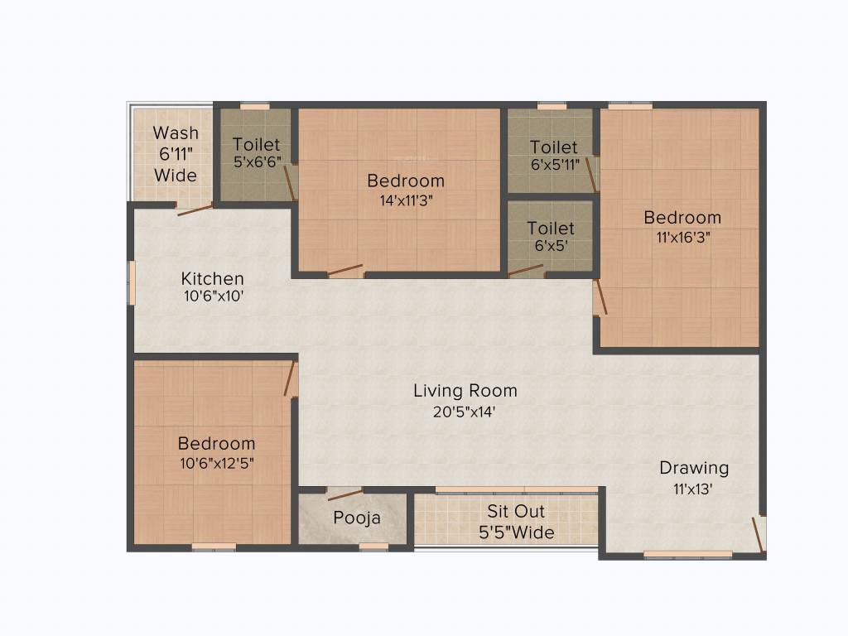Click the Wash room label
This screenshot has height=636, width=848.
click(x=176, y=132)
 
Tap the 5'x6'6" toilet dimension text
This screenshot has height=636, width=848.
click(x=257, y=162)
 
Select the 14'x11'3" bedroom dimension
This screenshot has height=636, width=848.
click(x=406, y=200)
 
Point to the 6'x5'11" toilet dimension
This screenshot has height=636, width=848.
click(x=555, y=164)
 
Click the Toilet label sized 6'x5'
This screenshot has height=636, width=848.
click(x=551, y=228)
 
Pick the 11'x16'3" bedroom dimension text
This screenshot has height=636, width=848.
click(x=682, y=236)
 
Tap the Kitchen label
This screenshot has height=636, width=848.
click(x=213, y=278)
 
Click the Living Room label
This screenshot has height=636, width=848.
click(x=465, y=390)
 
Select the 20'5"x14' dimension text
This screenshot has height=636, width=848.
click(x=465, y=411)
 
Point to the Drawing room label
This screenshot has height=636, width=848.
click(x=694, y=468)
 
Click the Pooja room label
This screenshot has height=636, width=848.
click(x=357, y=518)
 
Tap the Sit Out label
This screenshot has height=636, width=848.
click(x=516, y=511)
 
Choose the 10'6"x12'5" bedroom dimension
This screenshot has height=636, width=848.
click(x=216, y=463)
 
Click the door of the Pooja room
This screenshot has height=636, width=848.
click(x=344, y=495)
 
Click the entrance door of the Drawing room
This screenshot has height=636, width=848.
click(x=758, y=533)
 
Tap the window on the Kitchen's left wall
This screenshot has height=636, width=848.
click(x=131, y=282)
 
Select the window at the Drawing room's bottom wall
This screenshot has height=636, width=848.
click(x=687, y=554)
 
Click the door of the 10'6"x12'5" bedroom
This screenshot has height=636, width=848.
click(x=290, y=379)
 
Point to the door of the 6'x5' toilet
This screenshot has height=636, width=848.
click(x=526, y=270)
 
